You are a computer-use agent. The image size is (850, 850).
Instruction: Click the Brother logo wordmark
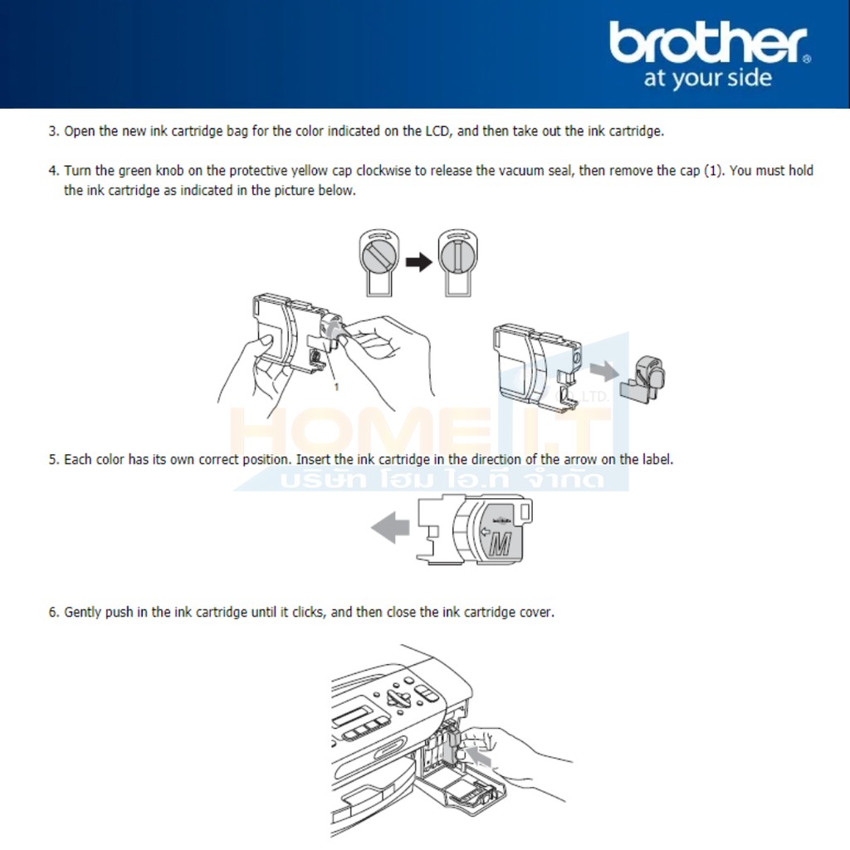tap(710, 42)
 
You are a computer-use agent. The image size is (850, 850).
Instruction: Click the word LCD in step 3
tap(437, 131)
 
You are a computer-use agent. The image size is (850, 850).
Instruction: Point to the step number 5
tap(53, 460)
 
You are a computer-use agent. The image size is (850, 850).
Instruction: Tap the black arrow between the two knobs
tap(419, 262)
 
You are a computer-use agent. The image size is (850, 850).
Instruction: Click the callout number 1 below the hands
tap(336, 387)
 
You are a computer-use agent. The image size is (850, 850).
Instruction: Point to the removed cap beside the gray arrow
tap(643, 379)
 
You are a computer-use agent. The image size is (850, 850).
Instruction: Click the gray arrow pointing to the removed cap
tap(604, 371)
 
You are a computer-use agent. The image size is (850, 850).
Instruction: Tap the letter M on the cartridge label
tap(501, 544)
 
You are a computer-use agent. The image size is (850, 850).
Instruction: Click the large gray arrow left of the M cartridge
tap(390, 527)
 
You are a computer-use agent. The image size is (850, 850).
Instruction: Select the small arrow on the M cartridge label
tap(485, 531)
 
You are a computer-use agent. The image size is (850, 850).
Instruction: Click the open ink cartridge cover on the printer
tap(461, 785)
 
